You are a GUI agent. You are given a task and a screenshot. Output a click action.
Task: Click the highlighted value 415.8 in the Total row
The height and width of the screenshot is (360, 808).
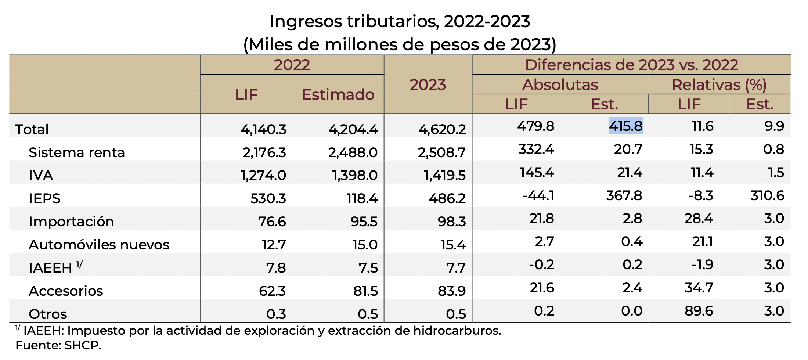(626, 126)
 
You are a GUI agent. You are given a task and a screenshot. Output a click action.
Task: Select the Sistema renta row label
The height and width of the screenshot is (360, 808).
(77, 152)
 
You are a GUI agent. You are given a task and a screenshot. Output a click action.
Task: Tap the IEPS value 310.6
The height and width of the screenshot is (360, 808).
(767, 195)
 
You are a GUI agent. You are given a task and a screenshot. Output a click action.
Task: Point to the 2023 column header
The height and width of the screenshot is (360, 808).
(428, 85)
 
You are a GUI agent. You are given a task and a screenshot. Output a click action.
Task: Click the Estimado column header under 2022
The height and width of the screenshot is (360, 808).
(338, 95)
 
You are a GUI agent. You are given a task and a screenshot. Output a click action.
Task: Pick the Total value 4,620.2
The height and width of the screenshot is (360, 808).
(442, 129)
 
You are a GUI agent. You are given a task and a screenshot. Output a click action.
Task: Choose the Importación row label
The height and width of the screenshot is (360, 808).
(71, 222)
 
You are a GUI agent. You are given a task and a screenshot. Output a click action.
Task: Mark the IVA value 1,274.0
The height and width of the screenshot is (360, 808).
(263, 175)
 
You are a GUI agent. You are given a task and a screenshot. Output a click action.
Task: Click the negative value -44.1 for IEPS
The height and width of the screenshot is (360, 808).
(538, 195)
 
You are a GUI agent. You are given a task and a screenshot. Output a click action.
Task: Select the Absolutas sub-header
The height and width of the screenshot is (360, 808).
(560, 85)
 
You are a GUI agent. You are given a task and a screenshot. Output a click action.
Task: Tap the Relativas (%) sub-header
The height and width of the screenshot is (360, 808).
(719, 85)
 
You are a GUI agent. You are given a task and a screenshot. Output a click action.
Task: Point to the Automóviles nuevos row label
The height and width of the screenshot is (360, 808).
(99, 245)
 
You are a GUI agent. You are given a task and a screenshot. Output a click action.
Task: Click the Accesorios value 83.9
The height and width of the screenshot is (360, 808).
(452, 291)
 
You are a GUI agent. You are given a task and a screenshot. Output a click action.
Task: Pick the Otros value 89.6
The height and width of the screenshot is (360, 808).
(699, 311)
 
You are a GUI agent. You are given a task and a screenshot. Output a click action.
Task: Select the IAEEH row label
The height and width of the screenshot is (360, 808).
(50, 268)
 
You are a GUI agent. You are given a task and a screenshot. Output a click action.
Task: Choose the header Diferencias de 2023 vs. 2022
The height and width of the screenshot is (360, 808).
(631, 65)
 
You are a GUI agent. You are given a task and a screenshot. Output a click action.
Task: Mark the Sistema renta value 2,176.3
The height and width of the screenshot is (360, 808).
(264, 152)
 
